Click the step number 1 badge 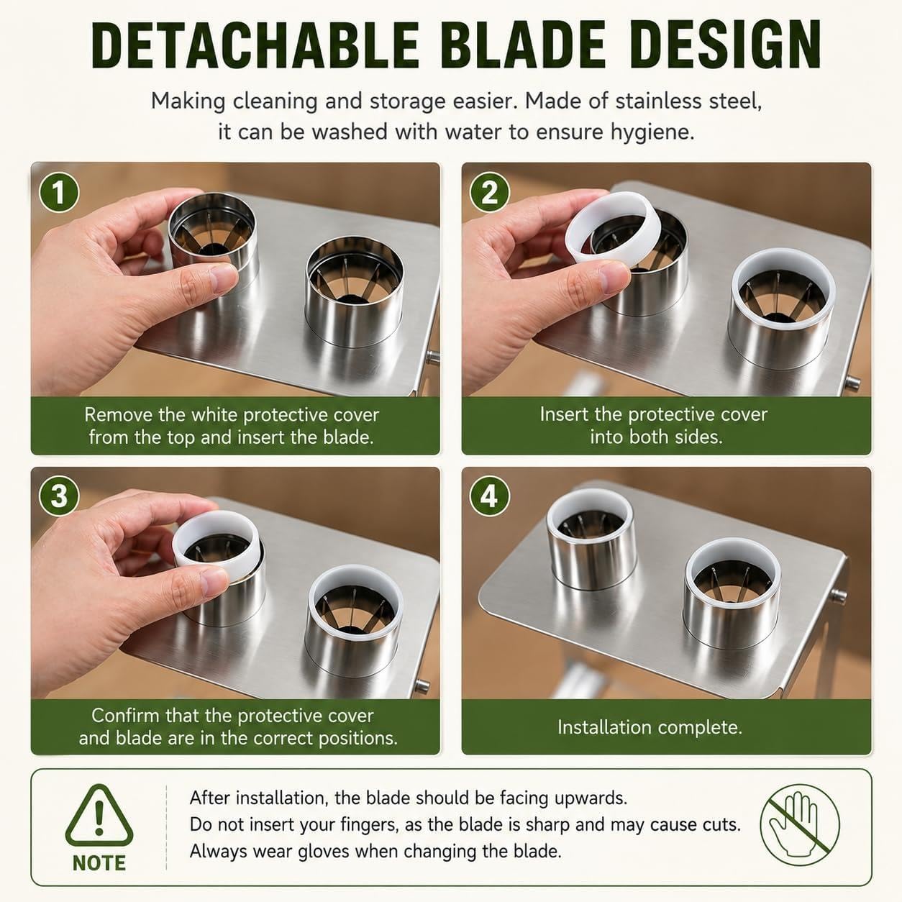point(59,192)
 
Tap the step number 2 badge point(490,192)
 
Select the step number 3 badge point(59,496)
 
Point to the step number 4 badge point(490,496)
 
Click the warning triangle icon point(99,817)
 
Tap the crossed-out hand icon point(799,824)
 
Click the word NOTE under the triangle point(99,863)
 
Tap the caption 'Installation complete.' point(650,727)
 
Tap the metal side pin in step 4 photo point(838,596)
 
